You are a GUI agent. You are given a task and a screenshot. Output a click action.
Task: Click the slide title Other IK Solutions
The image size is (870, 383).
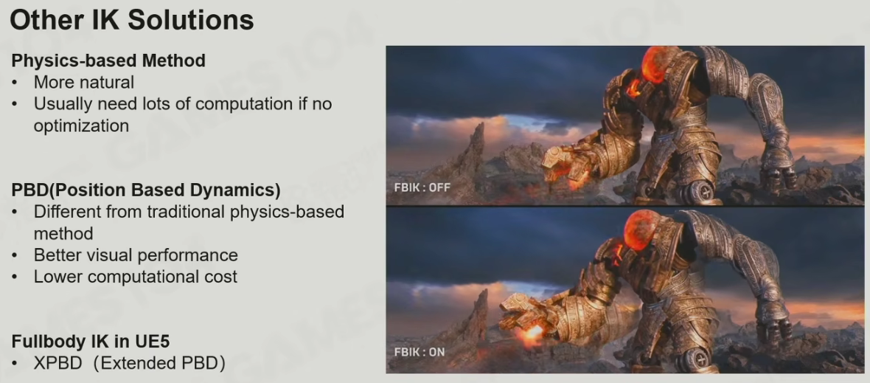click(x=132, y=21)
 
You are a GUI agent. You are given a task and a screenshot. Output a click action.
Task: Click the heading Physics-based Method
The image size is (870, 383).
click(x=109, y=61)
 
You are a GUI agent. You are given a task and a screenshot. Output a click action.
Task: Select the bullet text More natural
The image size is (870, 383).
click(x=84, y=83)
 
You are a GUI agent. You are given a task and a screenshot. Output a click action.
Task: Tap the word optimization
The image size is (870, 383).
click(x=82, y=125)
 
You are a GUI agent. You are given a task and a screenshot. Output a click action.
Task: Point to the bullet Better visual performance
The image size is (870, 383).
click(x=136, y=255)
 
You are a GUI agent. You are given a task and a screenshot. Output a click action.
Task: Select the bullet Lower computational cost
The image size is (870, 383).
click(x=136, y=277)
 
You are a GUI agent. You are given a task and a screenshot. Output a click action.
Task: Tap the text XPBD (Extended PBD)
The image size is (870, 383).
click(x=129, y=364)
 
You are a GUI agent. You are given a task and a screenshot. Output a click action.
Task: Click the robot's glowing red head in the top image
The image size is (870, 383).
click(x=661, y=64)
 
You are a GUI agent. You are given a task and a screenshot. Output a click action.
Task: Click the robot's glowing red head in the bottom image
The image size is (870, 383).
click(x=644, y=229)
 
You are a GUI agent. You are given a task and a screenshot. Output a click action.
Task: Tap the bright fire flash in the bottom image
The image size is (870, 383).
click(x=532, y=333)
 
